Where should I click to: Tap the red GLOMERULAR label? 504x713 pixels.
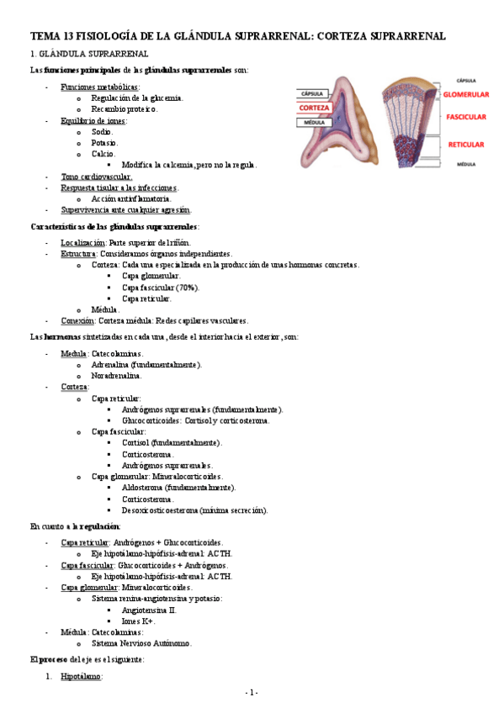click(x=465, y=96)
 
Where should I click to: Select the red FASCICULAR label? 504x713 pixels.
click(x=464, y=117)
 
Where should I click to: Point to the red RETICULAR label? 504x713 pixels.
click(x=465, y=145)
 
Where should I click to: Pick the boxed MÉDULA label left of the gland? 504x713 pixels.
click(x=315, y=122)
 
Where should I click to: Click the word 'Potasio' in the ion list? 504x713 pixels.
click(x=105, y=143)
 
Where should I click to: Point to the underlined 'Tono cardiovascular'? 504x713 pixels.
click(x=96, y=177)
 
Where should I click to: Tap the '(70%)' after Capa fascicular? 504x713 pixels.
click(x=187, y=287)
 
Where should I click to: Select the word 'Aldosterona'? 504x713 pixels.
click(x=144, y=488)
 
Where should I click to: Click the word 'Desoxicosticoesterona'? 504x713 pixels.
click(x=164, y=510)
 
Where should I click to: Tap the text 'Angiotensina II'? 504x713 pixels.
click(x=149, y=610)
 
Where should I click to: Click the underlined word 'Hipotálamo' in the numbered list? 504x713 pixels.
click(x=81, y=676)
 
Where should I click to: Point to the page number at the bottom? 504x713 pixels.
click(x=251, y=692)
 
